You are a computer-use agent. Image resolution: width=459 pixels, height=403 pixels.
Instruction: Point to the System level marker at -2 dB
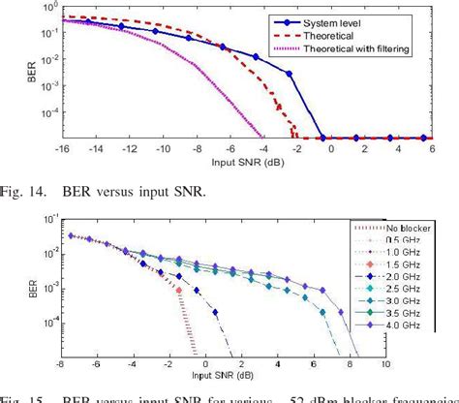[x=288, y=74]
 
